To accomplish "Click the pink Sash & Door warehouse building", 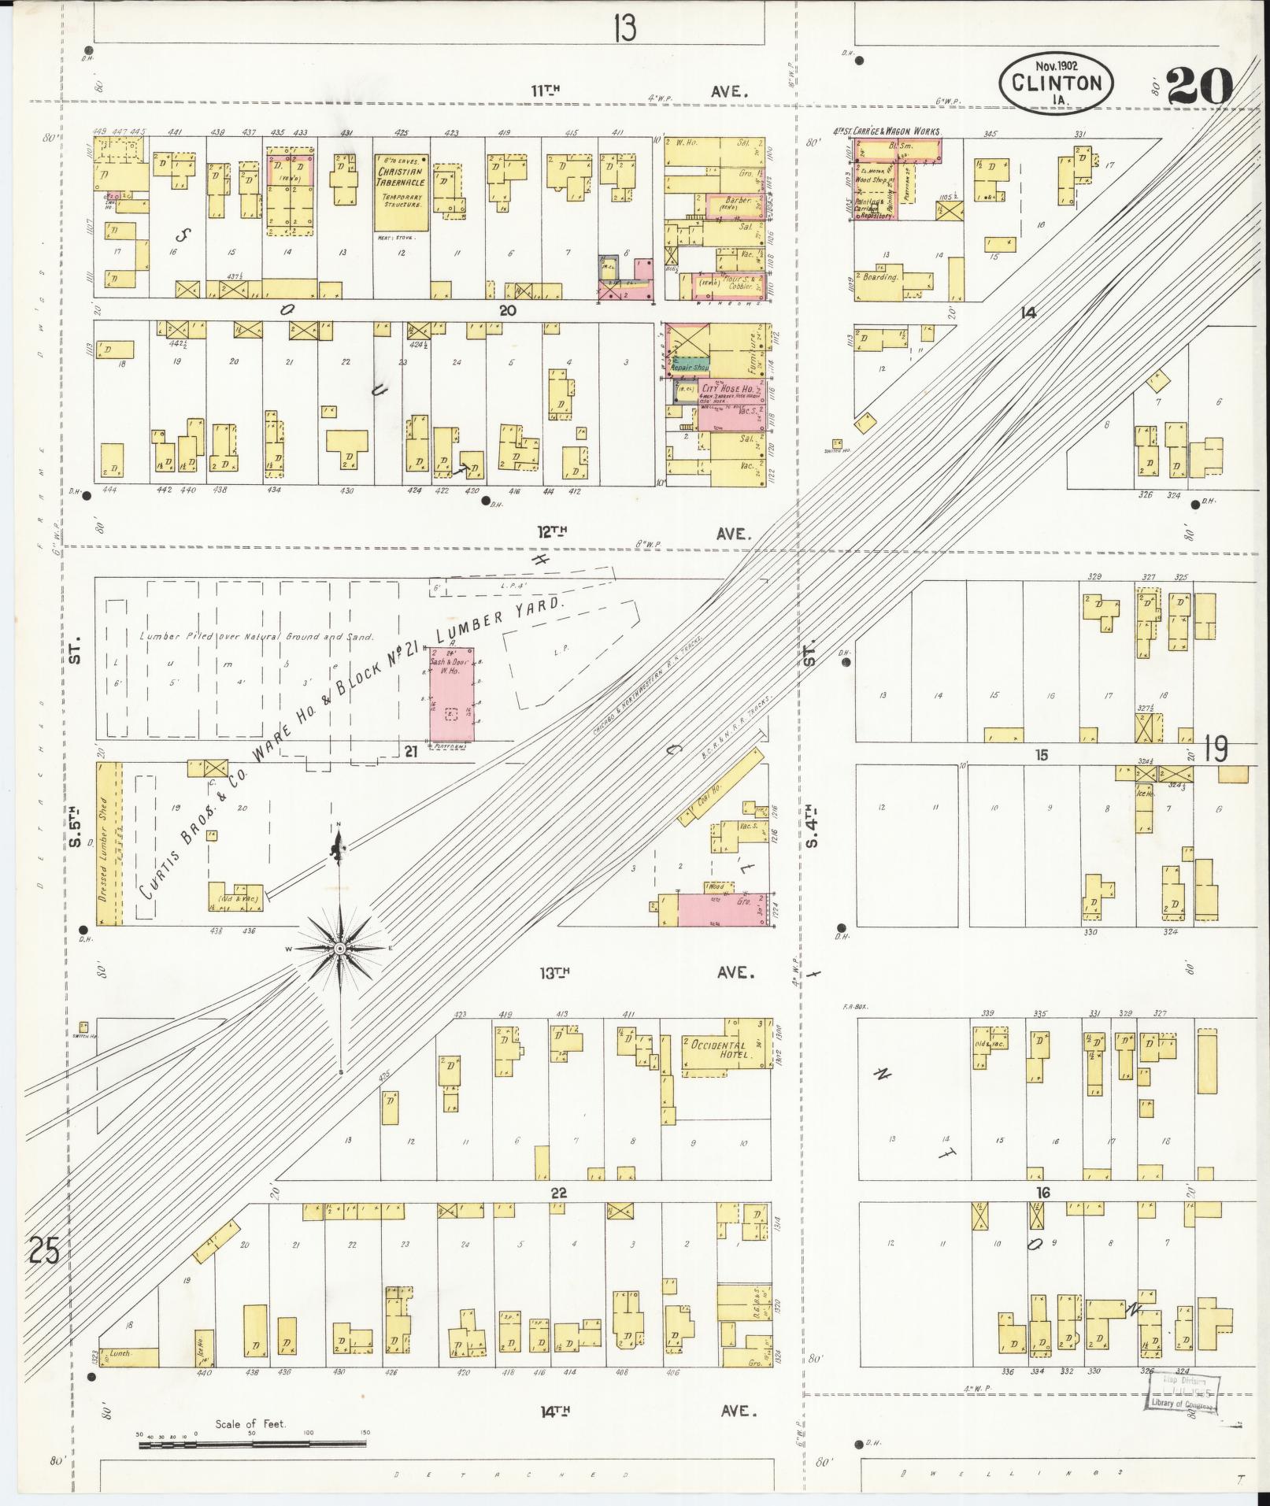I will coord(452,694).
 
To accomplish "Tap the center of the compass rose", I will coord(339,949).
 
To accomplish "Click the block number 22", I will coord(557,1193).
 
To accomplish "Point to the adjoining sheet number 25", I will coord(43,1250).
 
